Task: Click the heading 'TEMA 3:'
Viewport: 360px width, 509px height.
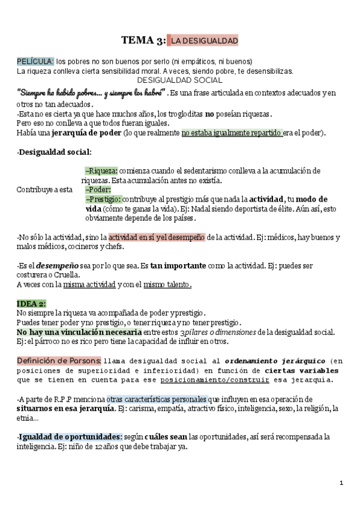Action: tap(143, 41)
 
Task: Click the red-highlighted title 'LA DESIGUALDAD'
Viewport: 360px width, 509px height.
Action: tap(204, 41)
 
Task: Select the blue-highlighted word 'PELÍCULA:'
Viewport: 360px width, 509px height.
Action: tap(35, 62)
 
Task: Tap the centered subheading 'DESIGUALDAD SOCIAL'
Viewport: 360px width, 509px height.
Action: tap(180, 80)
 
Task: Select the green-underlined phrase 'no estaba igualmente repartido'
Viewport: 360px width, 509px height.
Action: tap(232, 133)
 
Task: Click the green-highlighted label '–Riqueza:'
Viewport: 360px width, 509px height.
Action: tap(101, 170)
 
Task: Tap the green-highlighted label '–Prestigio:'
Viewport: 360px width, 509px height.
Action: tap(104, 199)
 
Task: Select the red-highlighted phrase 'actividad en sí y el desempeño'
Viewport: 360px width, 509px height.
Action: tap(157, 237)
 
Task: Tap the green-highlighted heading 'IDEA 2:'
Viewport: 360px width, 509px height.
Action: tap(31, 303)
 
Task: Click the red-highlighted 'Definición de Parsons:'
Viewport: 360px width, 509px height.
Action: tap(59, 360)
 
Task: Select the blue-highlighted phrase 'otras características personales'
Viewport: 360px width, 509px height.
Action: tap(157, 399)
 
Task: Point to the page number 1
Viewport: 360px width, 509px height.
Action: tap(341, 483)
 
